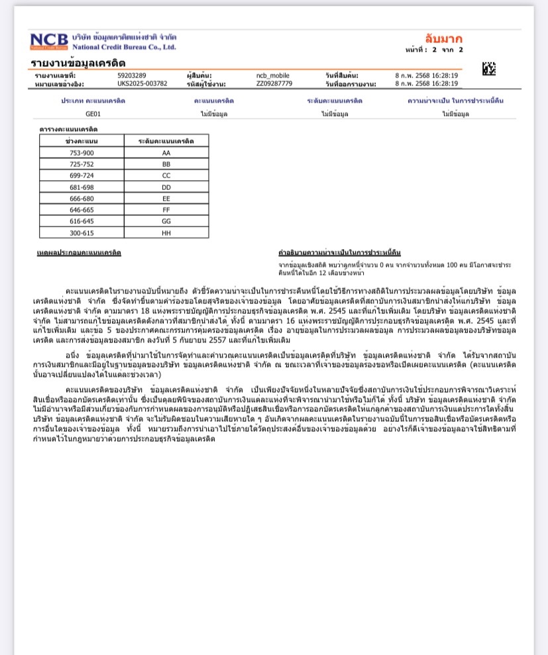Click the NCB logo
(x=49, y=41)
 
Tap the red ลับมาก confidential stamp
(x=443, y=38)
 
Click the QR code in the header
(x=488, y=68)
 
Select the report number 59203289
(x=132, y=76)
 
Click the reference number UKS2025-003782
(x=142, y=84)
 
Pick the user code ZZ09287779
(x=274, y=84)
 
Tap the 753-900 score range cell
(x=82, y=152)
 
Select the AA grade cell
(x=166, y=152)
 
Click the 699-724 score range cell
(x=82, y=176)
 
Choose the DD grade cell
(x=166, y=187)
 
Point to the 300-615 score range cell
(x=82, y=232)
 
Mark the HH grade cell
(x=166, y=232)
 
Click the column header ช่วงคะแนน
(x=82, y=141)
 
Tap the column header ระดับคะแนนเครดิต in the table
(x=166, y=141)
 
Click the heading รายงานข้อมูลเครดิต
(x=78, y=63)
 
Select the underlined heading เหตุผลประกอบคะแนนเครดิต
(x=79, y=252)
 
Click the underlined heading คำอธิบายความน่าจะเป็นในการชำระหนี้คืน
(x=339, y=252)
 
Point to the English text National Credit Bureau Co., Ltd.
(x=124, y=47)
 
